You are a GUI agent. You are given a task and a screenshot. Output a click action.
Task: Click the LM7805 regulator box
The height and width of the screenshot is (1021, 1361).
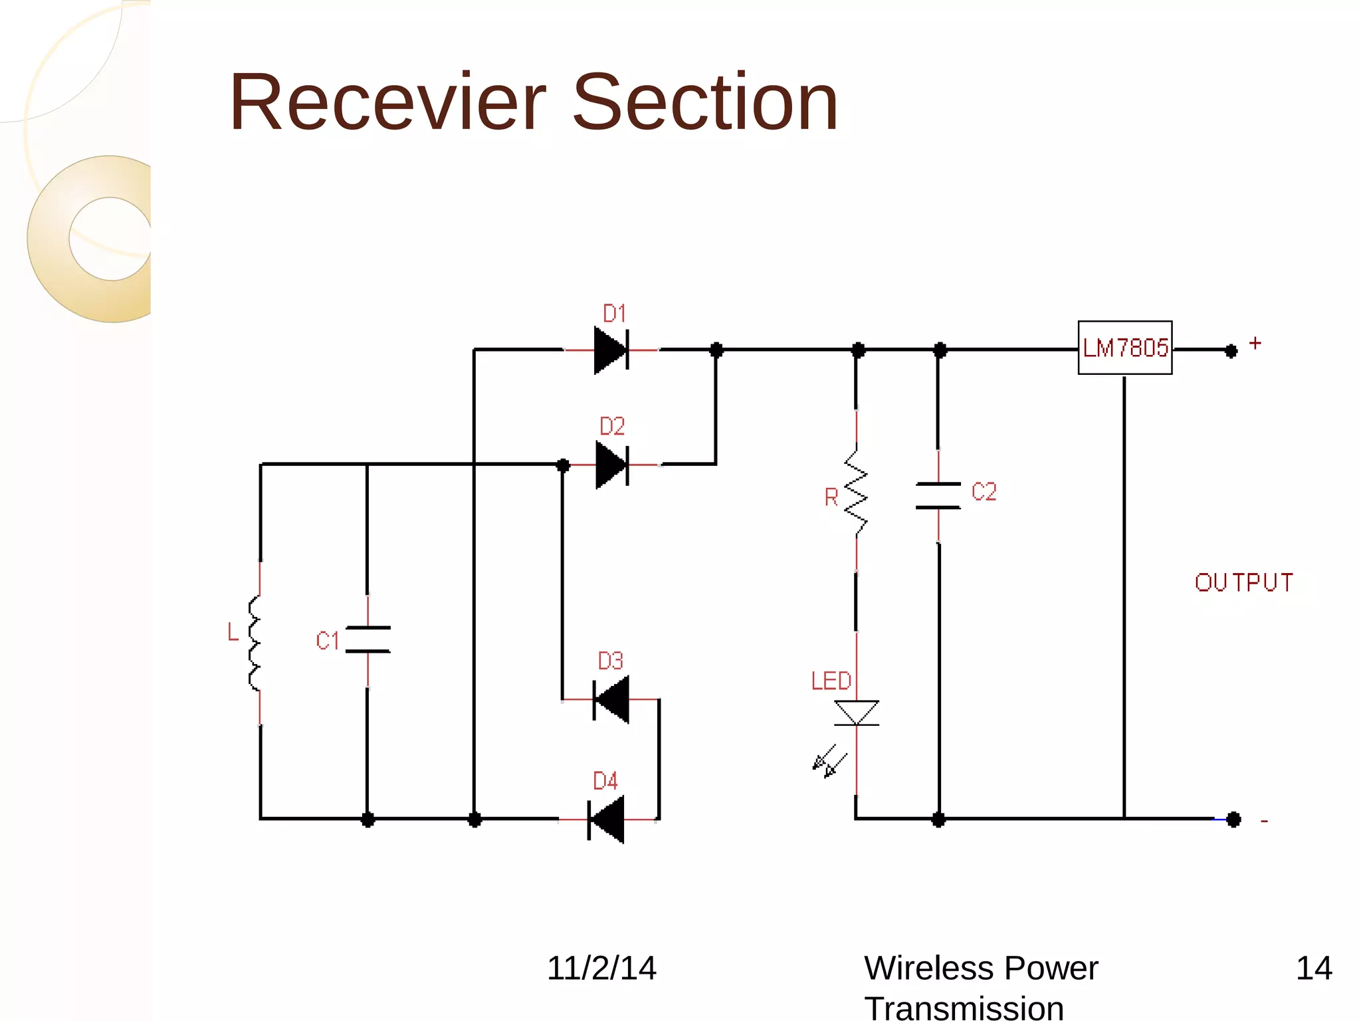click(1124, 348)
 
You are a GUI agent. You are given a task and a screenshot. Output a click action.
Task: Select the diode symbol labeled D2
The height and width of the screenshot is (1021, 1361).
click(612, 465)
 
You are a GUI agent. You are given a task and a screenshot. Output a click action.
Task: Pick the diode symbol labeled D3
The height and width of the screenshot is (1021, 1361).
click(611, 699)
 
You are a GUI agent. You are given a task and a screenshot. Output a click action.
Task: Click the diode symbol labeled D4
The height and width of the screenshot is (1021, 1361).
click(606, 820)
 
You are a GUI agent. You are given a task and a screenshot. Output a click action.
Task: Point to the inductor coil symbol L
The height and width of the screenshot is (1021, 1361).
click(255, 643)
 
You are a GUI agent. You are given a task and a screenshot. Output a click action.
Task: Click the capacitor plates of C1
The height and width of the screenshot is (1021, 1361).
click(367, 639)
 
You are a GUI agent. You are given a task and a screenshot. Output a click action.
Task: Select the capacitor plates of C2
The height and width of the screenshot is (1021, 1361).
click(938, 496)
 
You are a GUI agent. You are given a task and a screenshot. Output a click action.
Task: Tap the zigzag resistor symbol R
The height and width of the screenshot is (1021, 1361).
click(856, 492)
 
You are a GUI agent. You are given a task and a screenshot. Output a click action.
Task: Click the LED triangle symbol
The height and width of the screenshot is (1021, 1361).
click(856, 713)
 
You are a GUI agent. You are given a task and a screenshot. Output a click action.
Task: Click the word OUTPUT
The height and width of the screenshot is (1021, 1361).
click(1243, 582)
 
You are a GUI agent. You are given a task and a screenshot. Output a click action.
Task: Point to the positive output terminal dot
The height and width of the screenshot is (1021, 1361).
click(1231, 350)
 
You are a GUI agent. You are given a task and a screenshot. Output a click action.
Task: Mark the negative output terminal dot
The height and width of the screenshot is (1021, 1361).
click(1233, 820)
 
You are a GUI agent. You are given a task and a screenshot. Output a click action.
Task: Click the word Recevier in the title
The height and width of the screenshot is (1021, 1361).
click(387, 103)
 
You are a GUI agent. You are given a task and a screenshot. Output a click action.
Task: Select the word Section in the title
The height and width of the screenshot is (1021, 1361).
click(705, 103)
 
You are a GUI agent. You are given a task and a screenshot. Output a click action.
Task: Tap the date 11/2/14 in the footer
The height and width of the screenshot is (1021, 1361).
click(601, 968)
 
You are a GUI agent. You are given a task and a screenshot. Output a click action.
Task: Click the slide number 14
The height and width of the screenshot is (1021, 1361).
click(1313, 968)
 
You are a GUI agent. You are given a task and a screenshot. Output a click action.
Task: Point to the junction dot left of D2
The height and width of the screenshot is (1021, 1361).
click(563, 465)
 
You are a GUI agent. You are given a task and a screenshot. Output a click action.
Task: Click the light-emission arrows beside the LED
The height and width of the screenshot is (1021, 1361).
click(829, 761)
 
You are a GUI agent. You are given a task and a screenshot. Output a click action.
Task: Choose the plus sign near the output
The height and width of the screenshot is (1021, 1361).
click(1255, 343)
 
